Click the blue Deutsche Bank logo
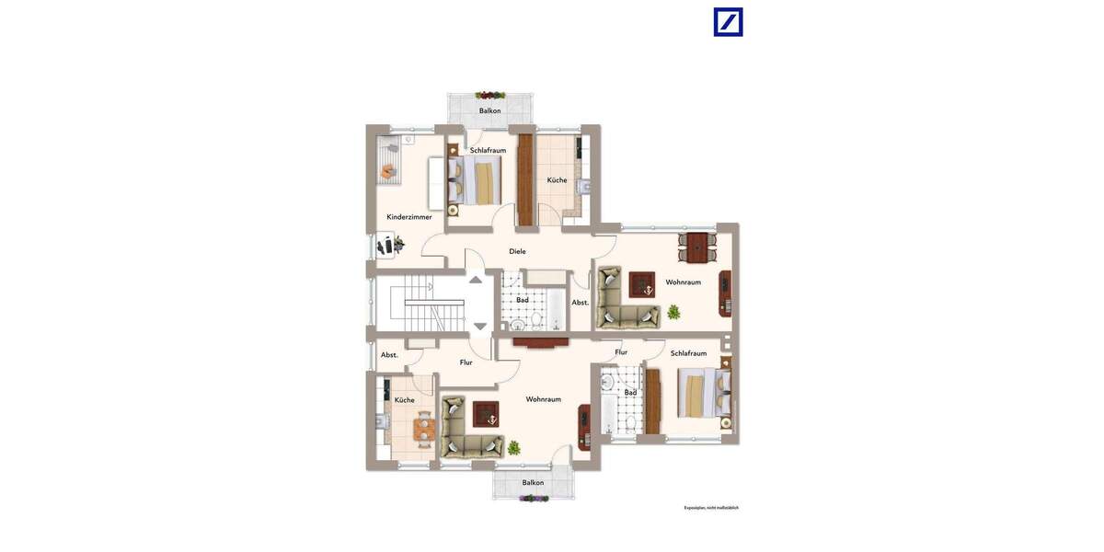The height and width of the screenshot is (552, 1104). coord(728,22)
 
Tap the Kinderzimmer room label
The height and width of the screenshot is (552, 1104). coord(409,217)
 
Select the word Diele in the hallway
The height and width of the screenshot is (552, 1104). coord(518,251)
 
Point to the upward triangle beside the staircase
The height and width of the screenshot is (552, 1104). coord(476,279)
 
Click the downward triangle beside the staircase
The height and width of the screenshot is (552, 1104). coord(480,326)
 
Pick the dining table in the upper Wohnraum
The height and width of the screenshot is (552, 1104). coord(698,247)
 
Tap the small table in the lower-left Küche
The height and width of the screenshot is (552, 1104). coord(424,428)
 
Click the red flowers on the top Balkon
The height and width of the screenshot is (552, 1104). coord(490,95)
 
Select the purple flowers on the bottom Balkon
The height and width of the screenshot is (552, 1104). coord(534,499)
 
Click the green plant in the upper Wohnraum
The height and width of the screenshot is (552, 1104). coord(674,312)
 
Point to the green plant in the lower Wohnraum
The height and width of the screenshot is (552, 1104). coord(513,448)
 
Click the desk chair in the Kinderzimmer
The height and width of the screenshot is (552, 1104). coord(398,245)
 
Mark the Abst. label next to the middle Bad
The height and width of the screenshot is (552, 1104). coord(581,303)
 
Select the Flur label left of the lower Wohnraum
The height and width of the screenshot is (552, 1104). coord(466,362)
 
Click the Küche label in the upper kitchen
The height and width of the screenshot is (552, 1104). coord(558,180)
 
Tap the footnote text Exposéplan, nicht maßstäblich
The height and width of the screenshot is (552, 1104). coord(711,508)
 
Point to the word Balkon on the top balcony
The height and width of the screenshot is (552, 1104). coord(490,111)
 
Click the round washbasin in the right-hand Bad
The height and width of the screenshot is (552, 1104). coord(607,383)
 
